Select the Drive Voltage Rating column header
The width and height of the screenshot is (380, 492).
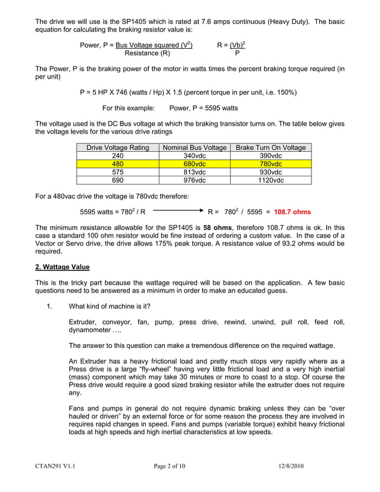click(x=117, y=147)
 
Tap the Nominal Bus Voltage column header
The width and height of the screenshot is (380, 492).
click(x=194, y=147)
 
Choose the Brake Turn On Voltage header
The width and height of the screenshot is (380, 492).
click(x=271, y=147)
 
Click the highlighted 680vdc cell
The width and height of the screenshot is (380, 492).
click(x=194, y=163)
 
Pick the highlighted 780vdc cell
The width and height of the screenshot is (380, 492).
click(x=271, y=163)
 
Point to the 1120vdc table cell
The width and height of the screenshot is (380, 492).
click(x=271, y=179)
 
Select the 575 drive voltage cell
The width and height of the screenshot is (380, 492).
click(x=117, y=172)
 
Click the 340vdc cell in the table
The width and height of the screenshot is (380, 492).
click(x=194, y=155)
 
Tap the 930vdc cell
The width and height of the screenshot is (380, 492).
click(x=271, y=172)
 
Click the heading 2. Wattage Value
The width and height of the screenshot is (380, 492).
click(x=63, y=267)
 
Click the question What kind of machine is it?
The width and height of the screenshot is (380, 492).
click(x=110, y=306)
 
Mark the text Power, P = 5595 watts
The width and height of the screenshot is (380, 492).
click(x=204, y=108)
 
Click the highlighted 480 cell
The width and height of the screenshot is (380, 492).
click(x=117, y=163)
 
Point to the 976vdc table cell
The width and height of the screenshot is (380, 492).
click(x=194, y=179)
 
